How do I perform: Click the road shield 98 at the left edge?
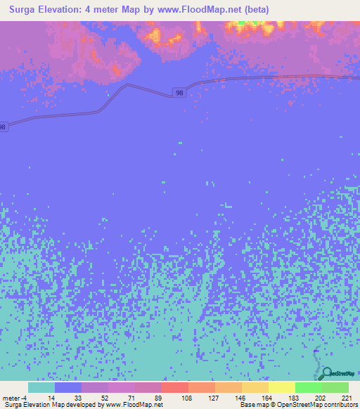point(3,127)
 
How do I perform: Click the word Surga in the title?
point(27,10)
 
